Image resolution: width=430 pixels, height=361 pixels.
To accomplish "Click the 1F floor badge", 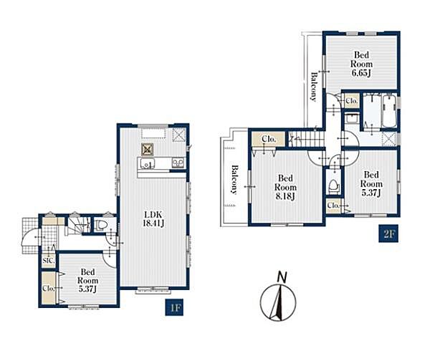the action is click(174, 307).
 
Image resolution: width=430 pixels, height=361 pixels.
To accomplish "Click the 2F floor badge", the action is click(388, 234).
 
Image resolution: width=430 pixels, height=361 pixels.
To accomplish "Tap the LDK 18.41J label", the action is click(153, 218).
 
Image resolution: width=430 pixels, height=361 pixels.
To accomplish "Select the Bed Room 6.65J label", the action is click(361, 64).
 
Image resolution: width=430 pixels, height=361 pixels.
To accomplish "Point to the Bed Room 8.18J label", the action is click(285, 187).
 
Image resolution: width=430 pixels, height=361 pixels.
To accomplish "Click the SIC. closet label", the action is click(48, 261).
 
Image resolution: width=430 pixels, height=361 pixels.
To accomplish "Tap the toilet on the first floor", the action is click(101, 226).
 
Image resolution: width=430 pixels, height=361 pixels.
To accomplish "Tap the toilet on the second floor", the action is click(333, 186).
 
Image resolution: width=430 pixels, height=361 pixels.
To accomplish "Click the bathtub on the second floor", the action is click(389, 110).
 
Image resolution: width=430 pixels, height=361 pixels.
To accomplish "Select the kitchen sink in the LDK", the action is click(148, 163).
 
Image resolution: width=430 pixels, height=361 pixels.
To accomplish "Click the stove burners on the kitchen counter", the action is click(178, 163).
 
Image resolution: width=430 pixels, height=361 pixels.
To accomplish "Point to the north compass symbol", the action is click(278, 302).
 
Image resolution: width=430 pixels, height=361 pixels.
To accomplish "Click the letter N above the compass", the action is click(282, 277).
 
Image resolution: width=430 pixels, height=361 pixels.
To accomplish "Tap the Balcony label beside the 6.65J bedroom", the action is click(314, 87).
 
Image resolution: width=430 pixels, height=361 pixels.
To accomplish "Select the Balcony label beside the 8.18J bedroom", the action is click(234, 180).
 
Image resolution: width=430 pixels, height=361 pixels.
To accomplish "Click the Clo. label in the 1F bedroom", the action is click(49, 289).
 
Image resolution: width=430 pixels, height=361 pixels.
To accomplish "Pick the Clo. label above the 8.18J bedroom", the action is click(269, 139).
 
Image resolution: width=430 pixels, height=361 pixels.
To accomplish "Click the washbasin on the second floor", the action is click(351, 118).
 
